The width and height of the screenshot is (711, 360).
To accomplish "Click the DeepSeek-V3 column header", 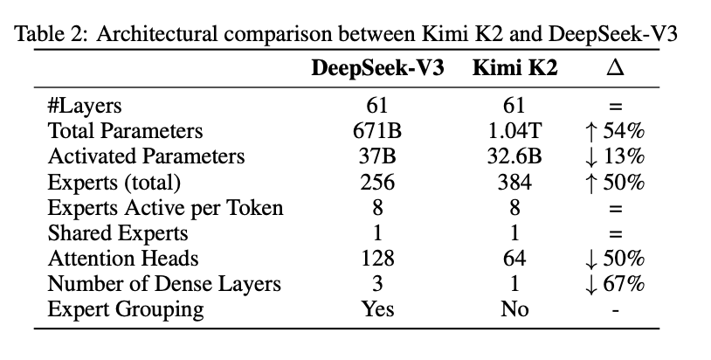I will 378,70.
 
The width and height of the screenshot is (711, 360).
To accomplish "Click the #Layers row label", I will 85,107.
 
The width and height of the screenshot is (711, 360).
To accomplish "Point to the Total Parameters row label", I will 125,132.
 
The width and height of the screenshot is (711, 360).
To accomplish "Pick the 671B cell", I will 378,132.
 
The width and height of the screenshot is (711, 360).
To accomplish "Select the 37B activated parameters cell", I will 378,157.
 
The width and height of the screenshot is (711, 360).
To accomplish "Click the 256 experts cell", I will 378,183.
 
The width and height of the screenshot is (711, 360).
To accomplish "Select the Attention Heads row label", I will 123,259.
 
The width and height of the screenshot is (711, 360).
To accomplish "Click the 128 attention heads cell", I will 378,259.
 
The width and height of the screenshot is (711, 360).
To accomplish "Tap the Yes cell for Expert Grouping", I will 378,309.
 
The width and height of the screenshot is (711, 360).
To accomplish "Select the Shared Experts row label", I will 117,233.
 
